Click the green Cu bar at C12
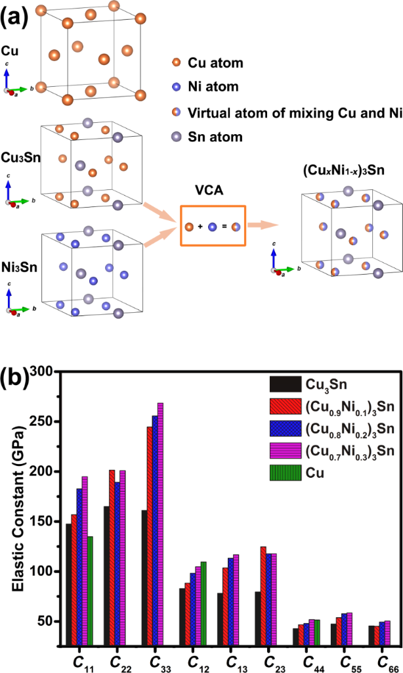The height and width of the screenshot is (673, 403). pyautogui.click(x=203, y=602)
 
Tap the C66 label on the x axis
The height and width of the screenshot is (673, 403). pyautogui.click(x=380, y=660)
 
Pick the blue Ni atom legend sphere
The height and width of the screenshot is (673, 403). pyautogui.click(x=176, y=87)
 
